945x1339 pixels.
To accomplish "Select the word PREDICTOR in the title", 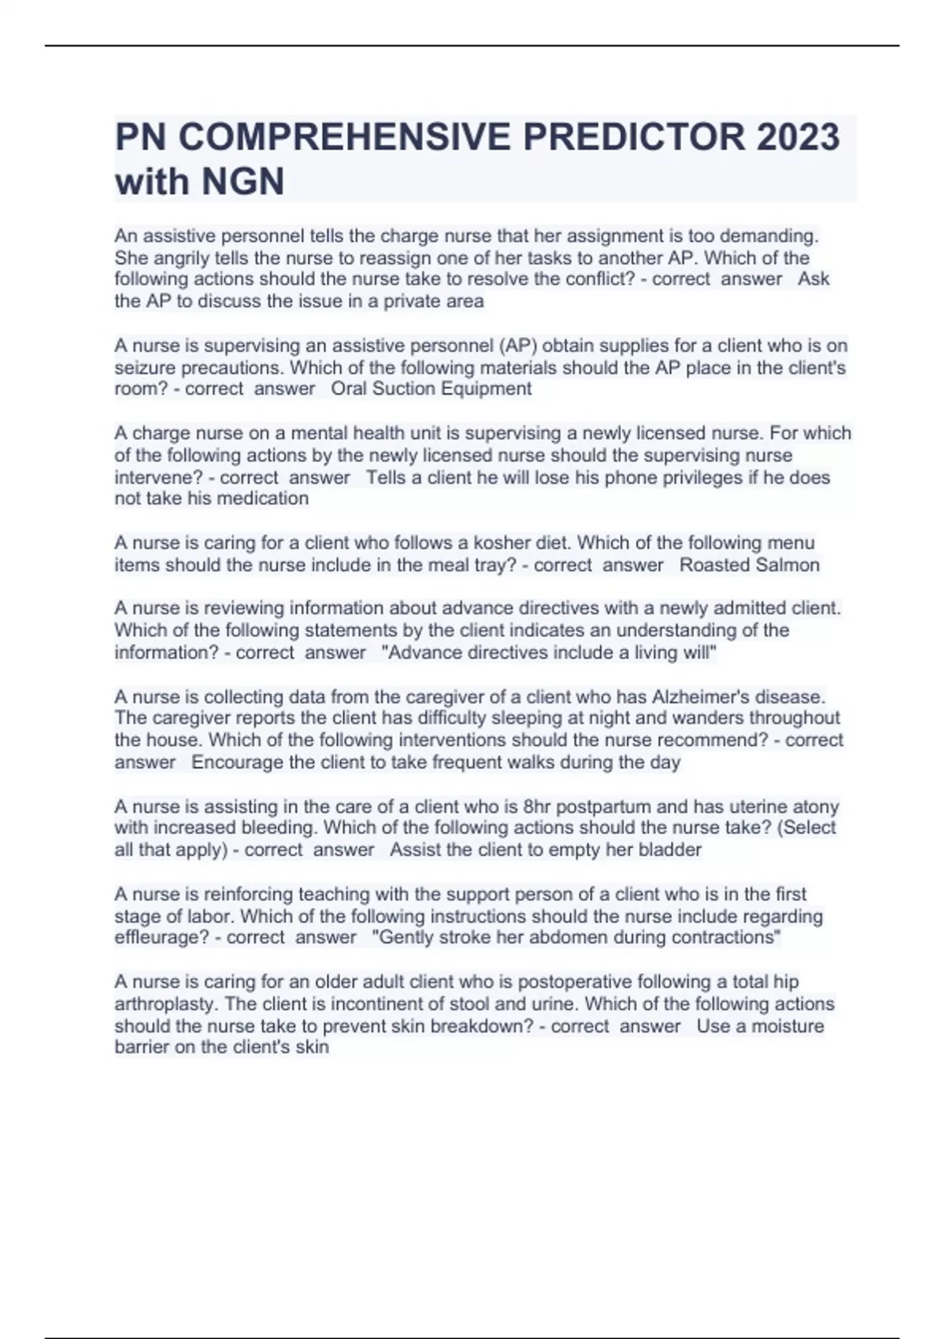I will [x=634, y=137].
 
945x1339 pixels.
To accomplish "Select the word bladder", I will [x=673, y=850].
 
